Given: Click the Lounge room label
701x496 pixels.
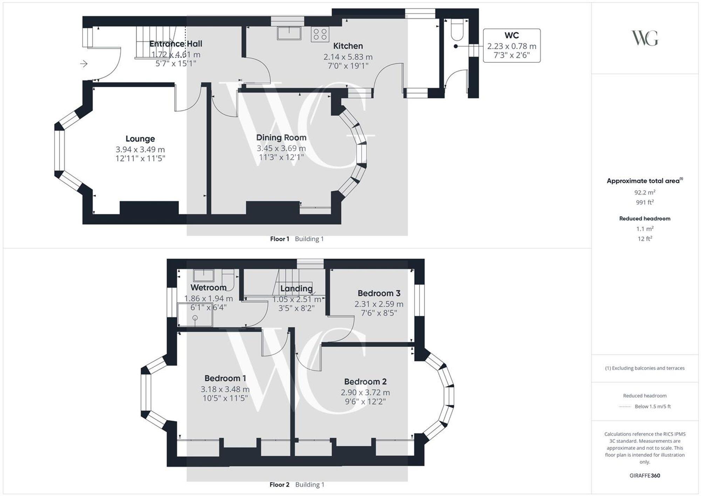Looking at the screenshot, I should click(x=140, y=139).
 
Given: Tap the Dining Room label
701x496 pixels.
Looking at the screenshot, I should click(x=281, y=138).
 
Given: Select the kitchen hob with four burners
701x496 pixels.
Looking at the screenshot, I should click(x=320, y=34).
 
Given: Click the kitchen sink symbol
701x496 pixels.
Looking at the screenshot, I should click(x=289, y=33).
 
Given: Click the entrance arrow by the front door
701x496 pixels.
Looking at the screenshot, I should click(x=83, y=64).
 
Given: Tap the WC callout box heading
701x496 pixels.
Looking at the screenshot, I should click(x=511, y=35).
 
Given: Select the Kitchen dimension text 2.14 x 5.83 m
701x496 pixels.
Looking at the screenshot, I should click(x=348, y=57).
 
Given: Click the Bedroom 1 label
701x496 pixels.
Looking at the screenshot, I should click(x=225, y=378).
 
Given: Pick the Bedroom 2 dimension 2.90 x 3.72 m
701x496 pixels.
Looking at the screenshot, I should click(x=365, y=393).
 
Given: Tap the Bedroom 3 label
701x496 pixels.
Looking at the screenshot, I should click(x=379, y=293).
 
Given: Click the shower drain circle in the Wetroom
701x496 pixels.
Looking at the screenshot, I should click(x=195, y=318).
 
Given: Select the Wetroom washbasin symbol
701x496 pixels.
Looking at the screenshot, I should click(x=204, y=275).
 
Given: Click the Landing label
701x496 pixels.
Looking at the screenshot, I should click(x=296, y=288).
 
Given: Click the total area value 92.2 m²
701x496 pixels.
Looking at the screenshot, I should click(x=645, y=192).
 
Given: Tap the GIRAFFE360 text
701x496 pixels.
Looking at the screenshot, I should click(x=645, y=476).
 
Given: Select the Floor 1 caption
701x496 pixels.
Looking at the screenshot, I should click(x=279, y=239).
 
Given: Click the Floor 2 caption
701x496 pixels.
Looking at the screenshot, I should click(x=279, y=485).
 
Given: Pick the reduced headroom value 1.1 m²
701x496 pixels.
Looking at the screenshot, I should click(x=645, y=229).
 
